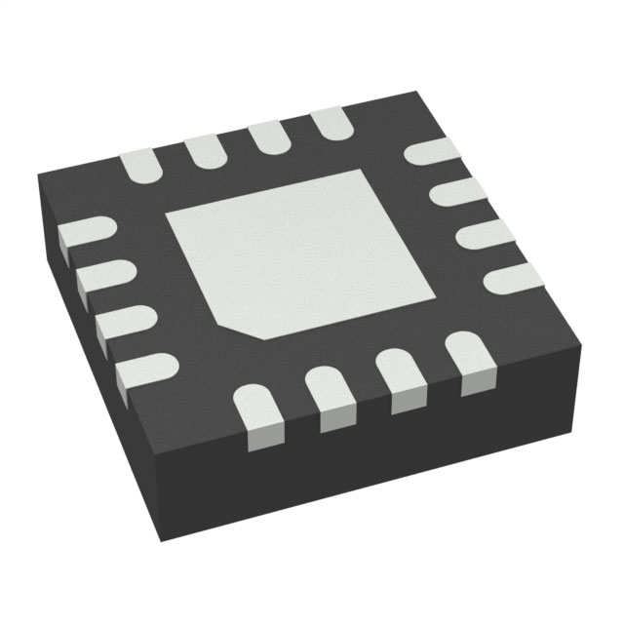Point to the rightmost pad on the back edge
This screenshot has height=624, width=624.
point(329,121)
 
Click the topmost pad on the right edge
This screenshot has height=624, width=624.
point(432,151)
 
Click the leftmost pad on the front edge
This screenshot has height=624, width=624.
point(260,414)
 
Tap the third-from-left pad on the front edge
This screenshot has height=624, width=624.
point(401,375)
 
